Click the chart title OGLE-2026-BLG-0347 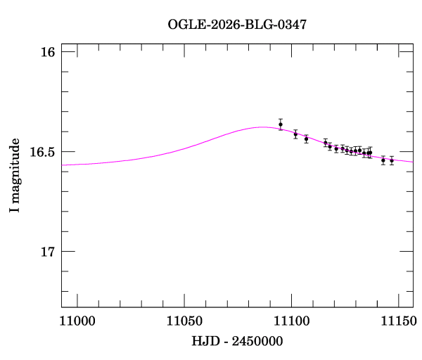[x=237, y=25]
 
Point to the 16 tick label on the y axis [x=49, y=52]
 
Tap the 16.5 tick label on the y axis [x=44, y=152]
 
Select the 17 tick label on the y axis [x=49, y=252]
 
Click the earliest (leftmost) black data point [x=281, y=124]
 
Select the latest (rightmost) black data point [x=392, y=161]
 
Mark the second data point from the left [x=295, y=134]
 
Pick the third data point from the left [x=306, y=139]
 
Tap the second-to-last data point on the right [x=383, y=160]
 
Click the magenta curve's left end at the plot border [x=62, y=165]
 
